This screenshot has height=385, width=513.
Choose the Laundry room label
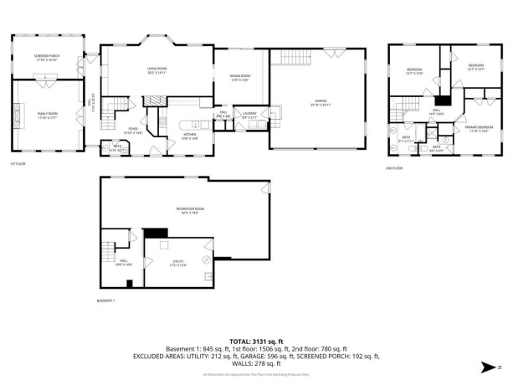[x=250, y=114]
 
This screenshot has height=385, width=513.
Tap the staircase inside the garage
[x=293, y=58]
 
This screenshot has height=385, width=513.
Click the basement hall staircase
[x=108, y=249]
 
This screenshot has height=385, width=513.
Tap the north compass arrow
[x=489, y=366]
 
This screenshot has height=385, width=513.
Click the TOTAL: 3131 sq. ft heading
[x=256, y=342]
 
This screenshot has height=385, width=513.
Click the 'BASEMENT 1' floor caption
[x=105, y=300]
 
